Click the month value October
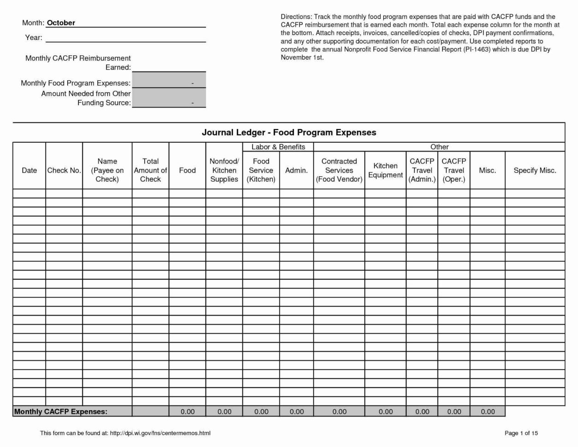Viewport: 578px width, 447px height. [x=61, y=23]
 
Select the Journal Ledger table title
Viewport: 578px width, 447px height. [x=289, y=133]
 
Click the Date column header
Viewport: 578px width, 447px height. [x=29, y=171]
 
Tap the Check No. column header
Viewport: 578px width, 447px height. [x=64, y=171]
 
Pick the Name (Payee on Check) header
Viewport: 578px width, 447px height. [x=107, y=171]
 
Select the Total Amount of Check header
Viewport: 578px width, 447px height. [x=150, y=171]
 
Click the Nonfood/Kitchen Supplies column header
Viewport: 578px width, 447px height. [x=224, y=171]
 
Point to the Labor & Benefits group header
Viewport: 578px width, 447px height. [x=278, y=147]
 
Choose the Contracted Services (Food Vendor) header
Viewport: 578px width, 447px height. [x=339, y=171]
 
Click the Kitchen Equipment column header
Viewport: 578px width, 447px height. [x=385, y=171]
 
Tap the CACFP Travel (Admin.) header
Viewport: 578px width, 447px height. [x=422, y=171]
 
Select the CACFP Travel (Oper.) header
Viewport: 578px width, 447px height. [x=454, y=171]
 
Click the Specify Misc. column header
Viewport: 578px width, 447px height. [x=535, y=171]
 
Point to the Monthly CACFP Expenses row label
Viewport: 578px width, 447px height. [x=61, y=412]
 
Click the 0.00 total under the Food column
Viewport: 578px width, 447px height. [x=187, y=412]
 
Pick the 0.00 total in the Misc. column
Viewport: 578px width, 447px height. [x=487, y=412]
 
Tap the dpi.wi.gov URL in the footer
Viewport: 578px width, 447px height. [x=160, y=433]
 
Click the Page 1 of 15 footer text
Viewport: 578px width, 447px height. [x=521, y=433]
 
